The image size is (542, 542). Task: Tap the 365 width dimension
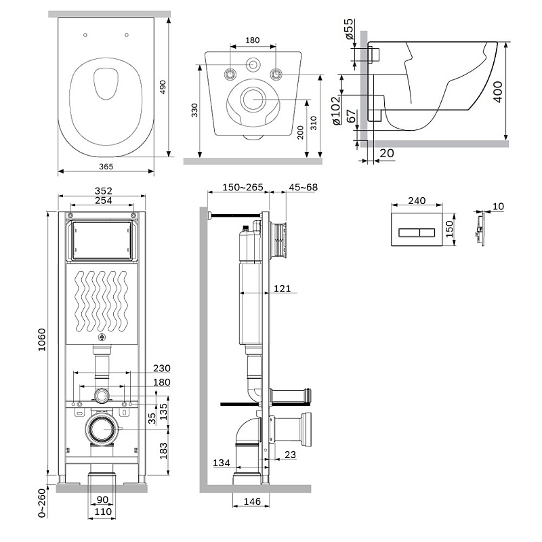(x=105, y=165)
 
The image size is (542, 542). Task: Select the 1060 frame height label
(x=41, y=346)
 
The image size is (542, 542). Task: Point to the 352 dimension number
(x=103, y=190)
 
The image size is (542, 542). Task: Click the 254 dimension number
(x=103, y=201)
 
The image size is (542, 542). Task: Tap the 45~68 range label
(x=303, y=187)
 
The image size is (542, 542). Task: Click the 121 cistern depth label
(x=283, y=289)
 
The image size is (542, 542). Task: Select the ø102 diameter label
(x=335, y=110)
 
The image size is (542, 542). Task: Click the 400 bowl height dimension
(x=499, y=90)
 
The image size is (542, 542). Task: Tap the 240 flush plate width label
(x=417, y=201)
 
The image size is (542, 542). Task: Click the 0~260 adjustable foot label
(x=41, y=504)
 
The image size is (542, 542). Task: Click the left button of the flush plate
(x=409, y=232)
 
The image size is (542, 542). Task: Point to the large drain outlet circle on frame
(x=102, y=429)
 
